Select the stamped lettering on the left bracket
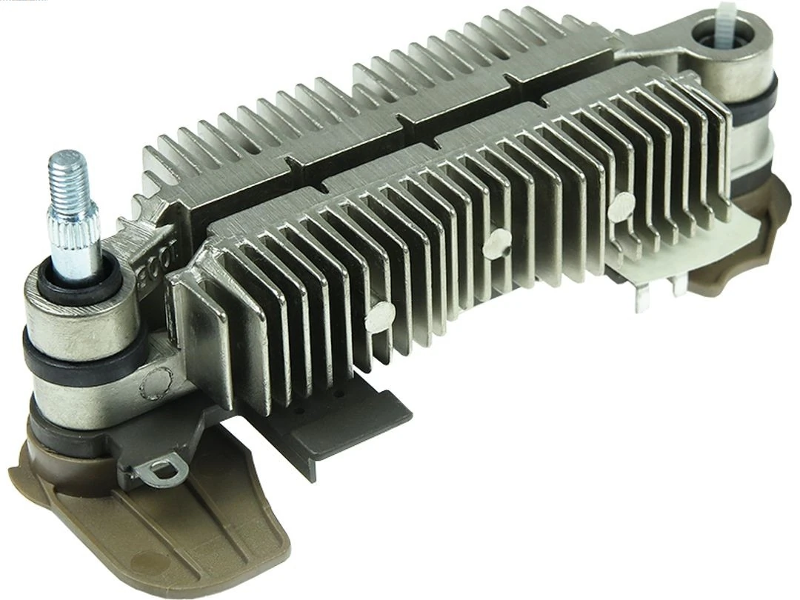click(x=158, y=252)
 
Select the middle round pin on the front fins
click(x=497, y=242)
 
